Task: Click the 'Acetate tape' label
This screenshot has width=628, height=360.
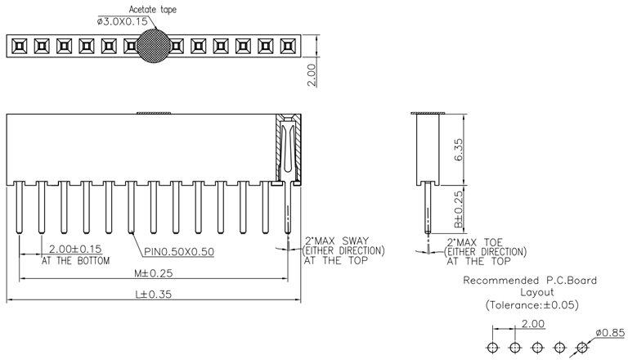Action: (152, 9)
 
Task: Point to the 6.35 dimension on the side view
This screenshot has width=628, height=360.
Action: (459, 149)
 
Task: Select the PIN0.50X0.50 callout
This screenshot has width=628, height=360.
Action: (180, 251)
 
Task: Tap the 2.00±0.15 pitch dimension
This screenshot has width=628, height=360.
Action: (76, 249)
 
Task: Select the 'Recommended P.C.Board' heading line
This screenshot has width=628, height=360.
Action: (530, 281)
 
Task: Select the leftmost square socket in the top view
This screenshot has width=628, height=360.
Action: (17, 46)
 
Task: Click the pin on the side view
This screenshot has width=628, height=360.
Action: (428, 213)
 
